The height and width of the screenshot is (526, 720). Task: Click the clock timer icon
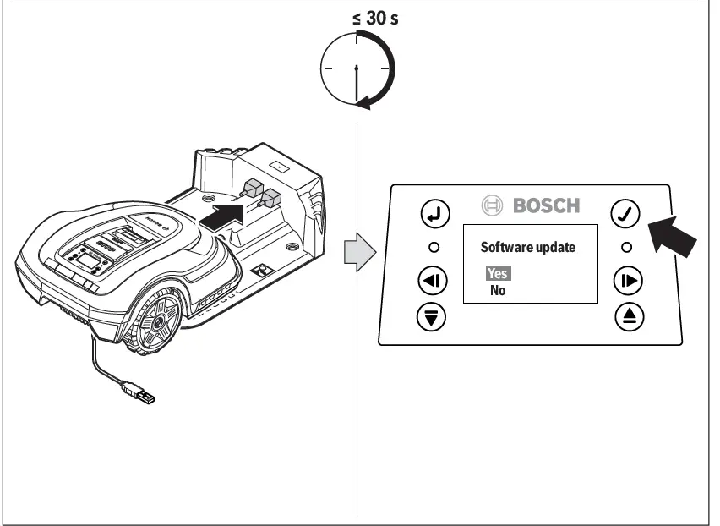point(357,68)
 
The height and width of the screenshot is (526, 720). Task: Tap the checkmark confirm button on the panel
point(625,215)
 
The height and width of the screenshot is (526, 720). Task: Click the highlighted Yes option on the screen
point(498,274)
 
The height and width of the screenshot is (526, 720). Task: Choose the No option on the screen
point(499,291)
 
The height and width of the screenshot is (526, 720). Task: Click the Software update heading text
point(527,248)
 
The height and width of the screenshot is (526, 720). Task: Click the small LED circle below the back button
point(433,248)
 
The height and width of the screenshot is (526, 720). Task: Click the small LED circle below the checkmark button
point(626,248)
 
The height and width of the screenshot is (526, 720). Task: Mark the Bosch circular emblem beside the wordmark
point(492,205)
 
